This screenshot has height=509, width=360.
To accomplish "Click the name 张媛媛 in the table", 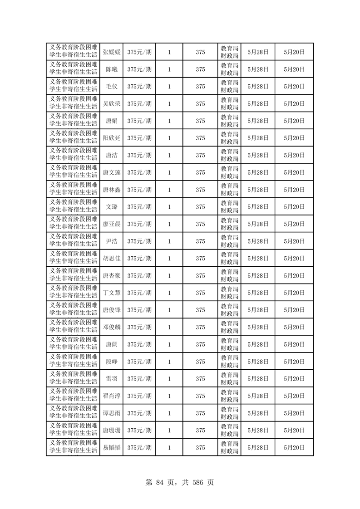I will point(111,52).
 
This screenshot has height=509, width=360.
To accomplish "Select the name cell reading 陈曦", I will point(111,69).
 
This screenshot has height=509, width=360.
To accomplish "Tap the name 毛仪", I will point(111,87).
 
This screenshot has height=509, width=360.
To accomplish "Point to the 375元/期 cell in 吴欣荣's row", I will point(139,104).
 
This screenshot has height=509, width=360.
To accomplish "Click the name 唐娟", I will point(111,121).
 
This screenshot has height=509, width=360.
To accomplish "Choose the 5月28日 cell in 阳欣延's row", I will point(258,138).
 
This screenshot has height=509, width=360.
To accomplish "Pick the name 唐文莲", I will point(111,172).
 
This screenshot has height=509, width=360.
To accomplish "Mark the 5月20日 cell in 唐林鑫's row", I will point(294,190).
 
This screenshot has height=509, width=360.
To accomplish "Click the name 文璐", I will point(111,207).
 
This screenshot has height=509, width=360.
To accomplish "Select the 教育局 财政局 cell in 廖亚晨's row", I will point(229,224).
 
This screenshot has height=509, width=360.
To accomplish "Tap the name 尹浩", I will point(111,241).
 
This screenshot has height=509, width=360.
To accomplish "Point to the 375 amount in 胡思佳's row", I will point(200,259).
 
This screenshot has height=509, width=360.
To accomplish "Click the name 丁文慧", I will point(111,293).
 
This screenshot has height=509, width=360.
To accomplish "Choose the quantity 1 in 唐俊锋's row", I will point(169,310).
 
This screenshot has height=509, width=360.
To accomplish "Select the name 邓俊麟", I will point(111,327).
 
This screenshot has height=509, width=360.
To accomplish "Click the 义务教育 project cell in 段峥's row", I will point(73,362).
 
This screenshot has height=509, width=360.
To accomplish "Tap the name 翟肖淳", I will point(111,396).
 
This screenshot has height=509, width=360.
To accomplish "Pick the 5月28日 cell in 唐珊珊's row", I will point(258,431).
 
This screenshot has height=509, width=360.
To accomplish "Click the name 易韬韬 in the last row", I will point(111,448).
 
